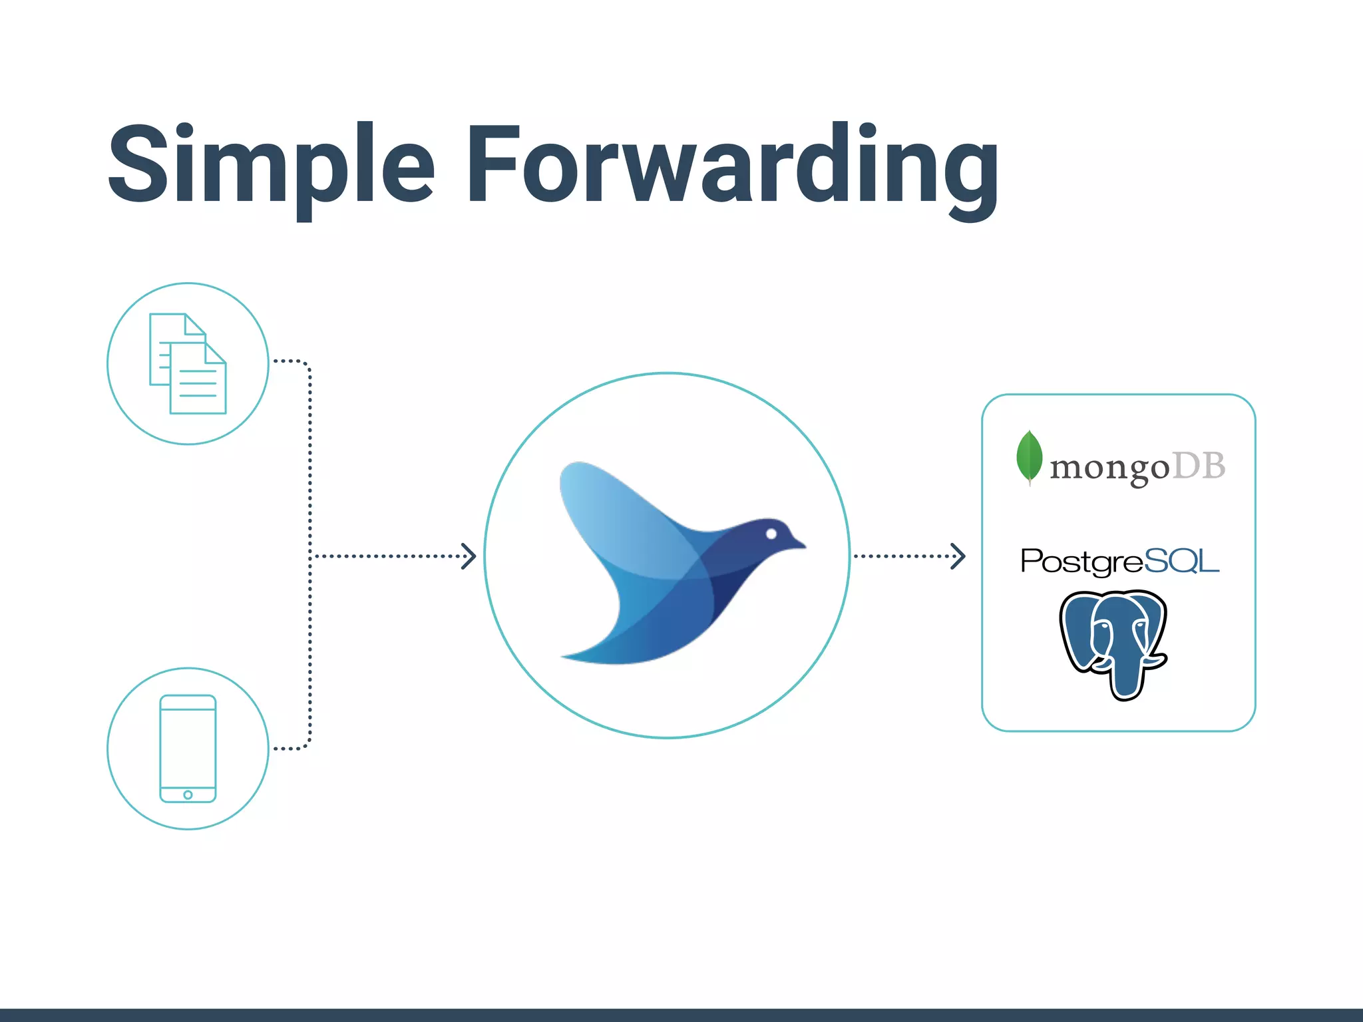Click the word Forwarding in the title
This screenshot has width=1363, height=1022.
pos(732,166)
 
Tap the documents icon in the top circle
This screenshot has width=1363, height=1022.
pos(188,363)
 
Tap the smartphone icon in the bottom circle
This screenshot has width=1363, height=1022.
pos(188,748)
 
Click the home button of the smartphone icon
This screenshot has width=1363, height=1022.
pos(188,795)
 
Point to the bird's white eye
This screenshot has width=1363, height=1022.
pos(771,534)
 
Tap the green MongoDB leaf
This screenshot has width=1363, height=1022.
pos(1029,457)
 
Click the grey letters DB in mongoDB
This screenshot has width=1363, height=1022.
pos(1198,466)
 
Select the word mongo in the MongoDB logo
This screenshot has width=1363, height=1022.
pos(1109,468)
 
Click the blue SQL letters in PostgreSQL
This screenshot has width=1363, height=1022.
pos(1181,561)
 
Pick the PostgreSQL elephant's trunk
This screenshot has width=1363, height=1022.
pos(1125,679)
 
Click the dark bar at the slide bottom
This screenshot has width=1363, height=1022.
pos(681,1015)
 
